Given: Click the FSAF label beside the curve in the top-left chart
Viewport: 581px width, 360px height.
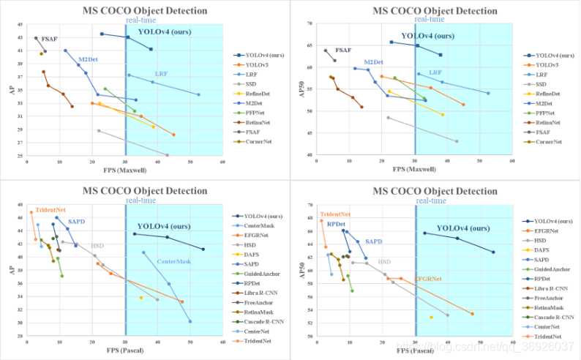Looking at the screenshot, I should [x=50, y=38].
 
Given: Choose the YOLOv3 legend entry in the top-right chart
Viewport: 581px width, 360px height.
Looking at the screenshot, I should [x=547, y=65].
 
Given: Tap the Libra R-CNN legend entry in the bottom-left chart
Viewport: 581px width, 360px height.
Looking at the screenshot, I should [x=264, y=293].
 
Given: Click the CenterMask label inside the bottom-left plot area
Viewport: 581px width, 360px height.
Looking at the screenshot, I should [x=173, y=261].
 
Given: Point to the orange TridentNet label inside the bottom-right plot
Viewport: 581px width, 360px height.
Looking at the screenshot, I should [x=334, y=214].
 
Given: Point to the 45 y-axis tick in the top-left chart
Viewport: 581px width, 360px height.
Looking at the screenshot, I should [x=20, y=24].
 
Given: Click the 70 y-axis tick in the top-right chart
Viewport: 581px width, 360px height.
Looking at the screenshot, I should [x=310, y=24].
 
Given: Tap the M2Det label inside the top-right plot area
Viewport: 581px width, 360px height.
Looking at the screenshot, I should [x=373, y=62].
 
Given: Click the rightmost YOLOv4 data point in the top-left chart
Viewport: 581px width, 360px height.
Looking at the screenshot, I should [x=151, y=49].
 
